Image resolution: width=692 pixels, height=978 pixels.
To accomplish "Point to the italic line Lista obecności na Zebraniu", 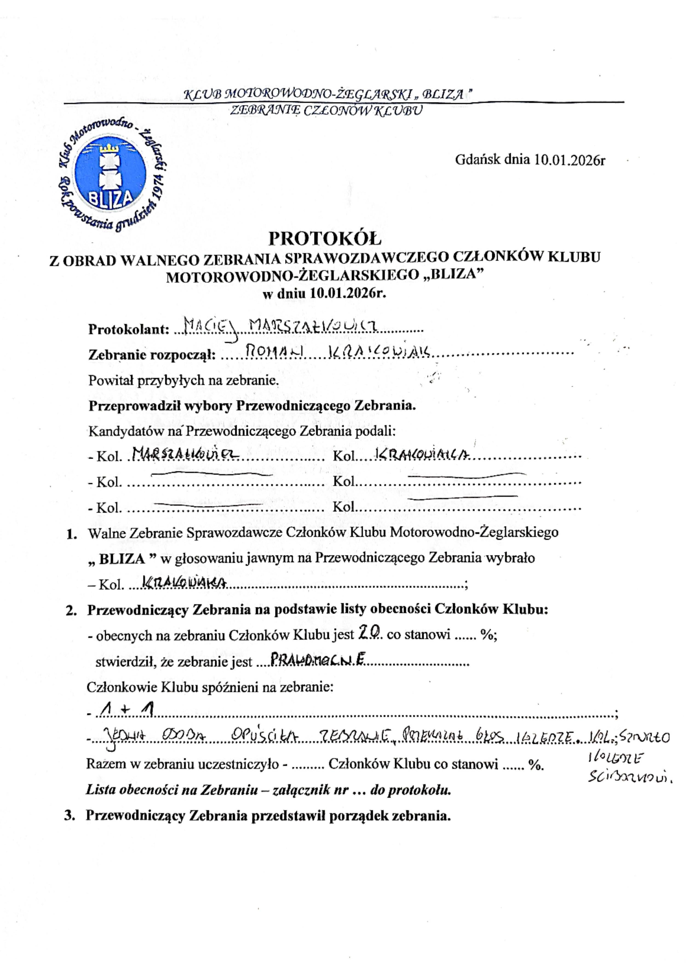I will pyautogui.click(x=269, y=790).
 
